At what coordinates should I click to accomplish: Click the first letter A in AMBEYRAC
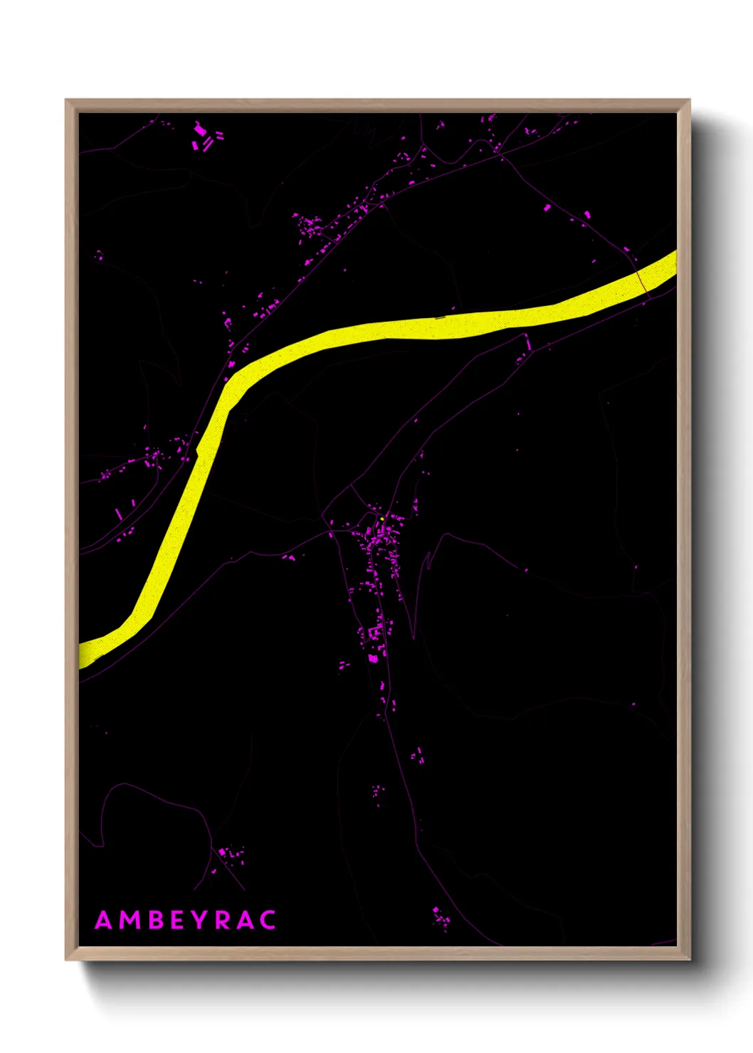pos(104,920)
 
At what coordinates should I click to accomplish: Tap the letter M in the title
pos(130,920)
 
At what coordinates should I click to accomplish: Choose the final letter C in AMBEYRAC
pos(268,920)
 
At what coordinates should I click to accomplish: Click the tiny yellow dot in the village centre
pos(383,519)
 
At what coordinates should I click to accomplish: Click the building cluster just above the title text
pos(231,852)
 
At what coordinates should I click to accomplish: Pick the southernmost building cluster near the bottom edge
pos(441,918)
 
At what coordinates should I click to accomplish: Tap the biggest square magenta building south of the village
pos(373,658)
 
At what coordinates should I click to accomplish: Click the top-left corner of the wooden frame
pos(66,100)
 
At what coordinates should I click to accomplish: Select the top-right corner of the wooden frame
pos(689,100)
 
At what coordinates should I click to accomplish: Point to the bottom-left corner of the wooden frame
pos(66,959)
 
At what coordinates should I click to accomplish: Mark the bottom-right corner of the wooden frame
pos(689,959)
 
